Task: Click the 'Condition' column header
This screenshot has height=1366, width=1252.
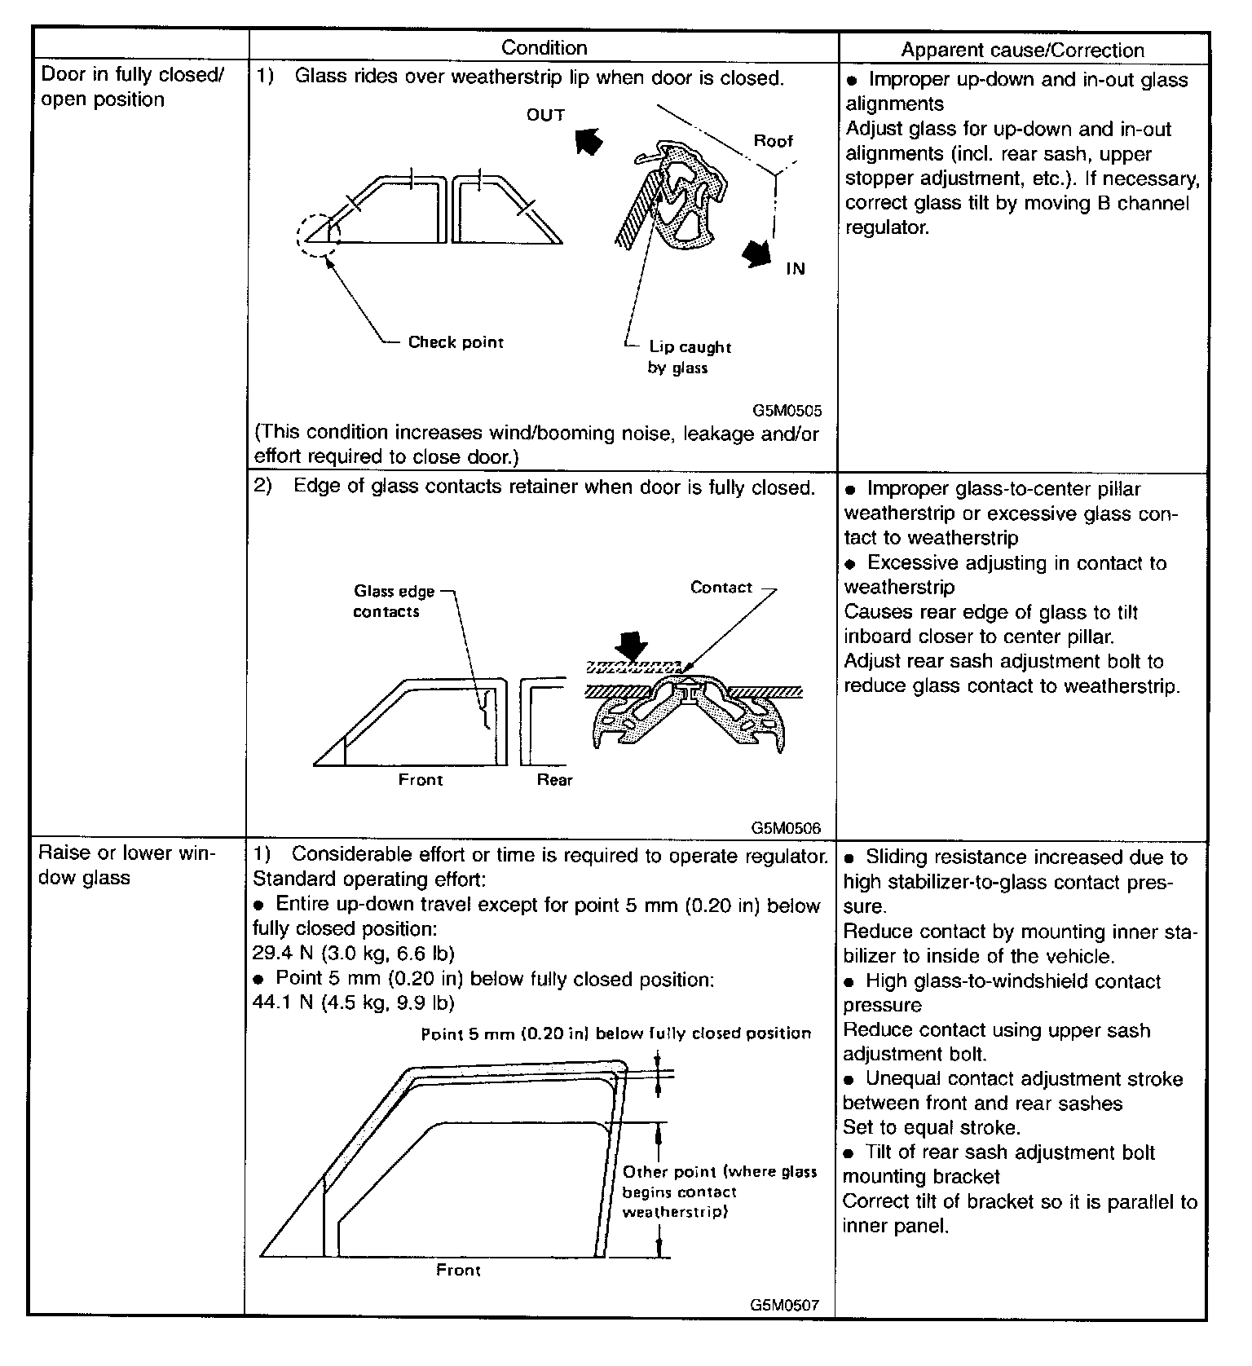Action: (544, 48)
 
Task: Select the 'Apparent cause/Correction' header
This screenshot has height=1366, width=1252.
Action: (1022, 50)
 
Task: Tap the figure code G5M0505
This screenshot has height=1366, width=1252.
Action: (787, 412)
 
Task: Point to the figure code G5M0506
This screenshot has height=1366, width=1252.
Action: (787, 828)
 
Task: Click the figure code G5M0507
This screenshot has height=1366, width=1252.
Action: (785, 1305)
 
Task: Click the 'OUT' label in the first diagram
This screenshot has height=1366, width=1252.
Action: (545, 115)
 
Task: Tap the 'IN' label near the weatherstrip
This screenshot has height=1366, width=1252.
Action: (795, 269)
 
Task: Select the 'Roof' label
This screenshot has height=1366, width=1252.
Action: (773, 141)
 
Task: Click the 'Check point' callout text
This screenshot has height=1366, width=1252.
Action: (456, 342)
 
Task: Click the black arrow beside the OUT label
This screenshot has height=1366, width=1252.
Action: (589, 140)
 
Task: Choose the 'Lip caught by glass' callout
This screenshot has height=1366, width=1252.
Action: (689, 357)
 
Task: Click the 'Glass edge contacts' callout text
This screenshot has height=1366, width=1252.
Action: (394, 601)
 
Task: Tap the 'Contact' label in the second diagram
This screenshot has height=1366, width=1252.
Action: (721, 588)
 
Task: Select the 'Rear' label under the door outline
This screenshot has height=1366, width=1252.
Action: (554, 780)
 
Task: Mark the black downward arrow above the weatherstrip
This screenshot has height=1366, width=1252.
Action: (630, 647)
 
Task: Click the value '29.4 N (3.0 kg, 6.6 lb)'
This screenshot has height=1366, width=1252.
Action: (354, 953)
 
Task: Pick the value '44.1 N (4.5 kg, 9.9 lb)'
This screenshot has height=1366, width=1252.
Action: (354, 1002)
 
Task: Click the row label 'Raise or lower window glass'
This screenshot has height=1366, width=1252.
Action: (127, 866)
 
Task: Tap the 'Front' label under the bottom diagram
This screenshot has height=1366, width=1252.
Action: (458, 1270)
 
